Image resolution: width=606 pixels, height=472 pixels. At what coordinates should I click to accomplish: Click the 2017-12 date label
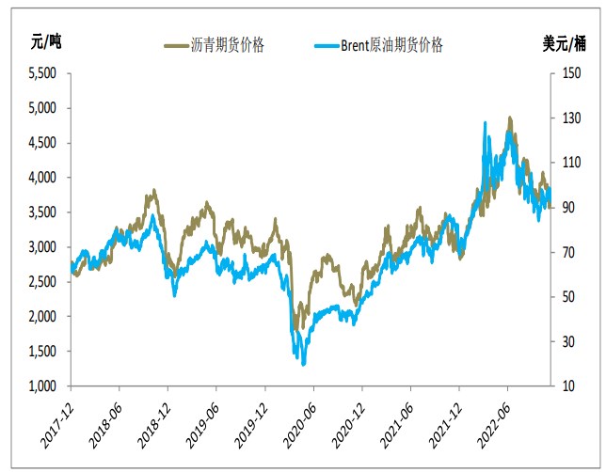click(58, 419)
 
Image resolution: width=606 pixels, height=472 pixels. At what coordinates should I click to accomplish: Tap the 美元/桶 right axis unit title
click(565, 40)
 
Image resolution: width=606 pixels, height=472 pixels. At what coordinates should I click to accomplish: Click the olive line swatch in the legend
click(175, 44)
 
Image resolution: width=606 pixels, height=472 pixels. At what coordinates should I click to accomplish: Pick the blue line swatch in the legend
click(323, 44)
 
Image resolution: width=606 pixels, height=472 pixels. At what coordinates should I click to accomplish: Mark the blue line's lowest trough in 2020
click(303, 363)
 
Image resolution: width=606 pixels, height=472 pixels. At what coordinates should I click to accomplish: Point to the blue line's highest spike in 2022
click(484, 122)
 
